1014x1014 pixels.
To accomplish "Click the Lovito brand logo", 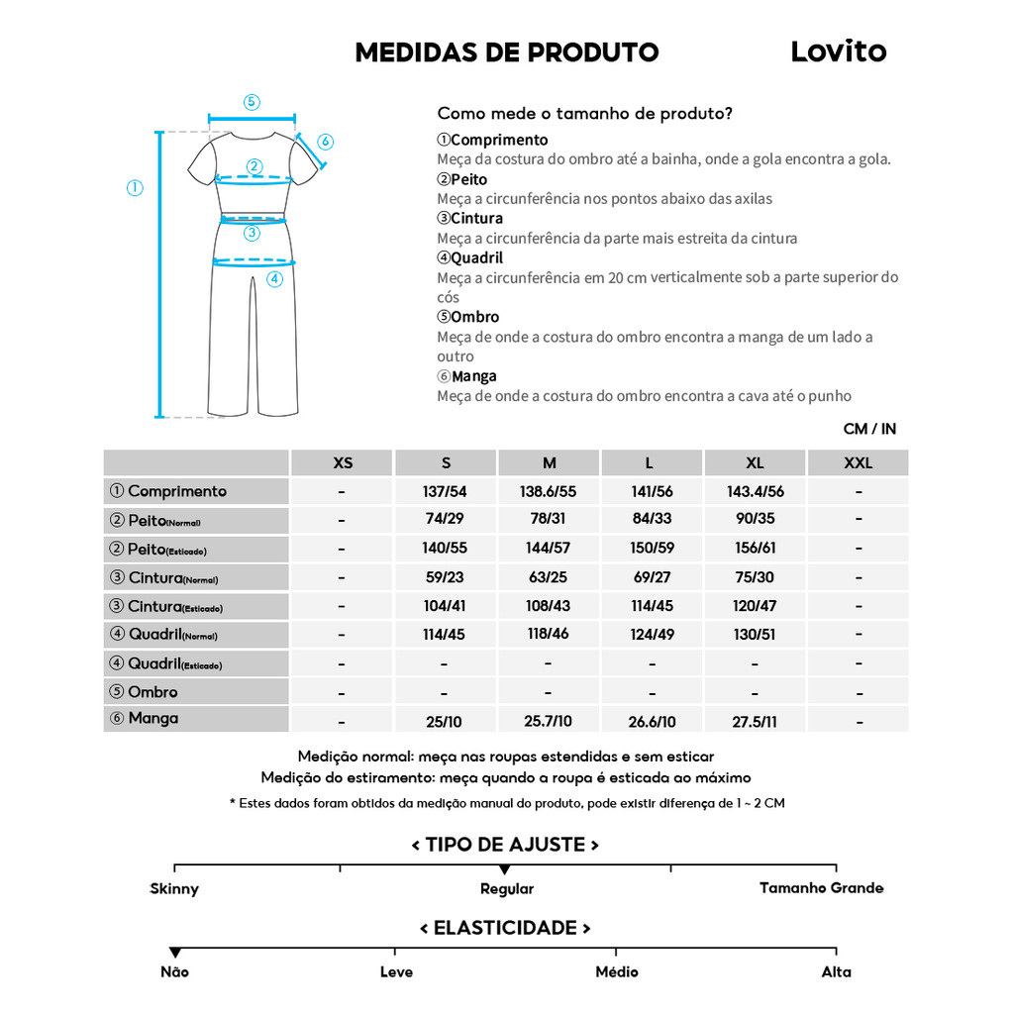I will (x=838, y=51).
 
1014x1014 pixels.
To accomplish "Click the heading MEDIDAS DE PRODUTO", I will (x=506, y=52).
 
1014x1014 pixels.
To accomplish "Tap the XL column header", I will (x=755, y=463).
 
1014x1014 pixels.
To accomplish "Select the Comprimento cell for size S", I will (x=445, y=491).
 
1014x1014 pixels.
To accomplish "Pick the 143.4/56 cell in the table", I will (x=755, y=491).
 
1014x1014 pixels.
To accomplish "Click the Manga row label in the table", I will (x=152, y=718).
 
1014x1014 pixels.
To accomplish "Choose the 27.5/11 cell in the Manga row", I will (x=755, y=722).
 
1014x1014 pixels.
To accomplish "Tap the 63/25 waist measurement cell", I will (x=548, y=577).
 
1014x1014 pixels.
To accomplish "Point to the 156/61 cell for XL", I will (x=755, y=549).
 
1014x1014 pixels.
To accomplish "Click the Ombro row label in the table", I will (x=152, y=692).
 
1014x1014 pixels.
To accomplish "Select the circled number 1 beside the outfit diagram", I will (x=135, y=188).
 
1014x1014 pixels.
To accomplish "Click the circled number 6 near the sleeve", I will (x=326, y=142).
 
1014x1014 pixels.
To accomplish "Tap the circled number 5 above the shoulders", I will (x=252, y=102).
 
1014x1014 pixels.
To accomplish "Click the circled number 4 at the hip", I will (x=275, y=279).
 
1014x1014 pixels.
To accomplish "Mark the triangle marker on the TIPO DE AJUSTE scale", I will (x=505, y=869).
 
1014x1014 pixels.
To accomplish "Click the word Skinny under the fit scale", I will (x=174, y=889).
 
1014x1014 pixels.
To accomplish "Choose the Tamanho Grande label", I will (x=821, y=888).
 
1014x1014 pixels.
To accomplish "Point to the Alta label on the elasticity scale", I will (x=836, y=972).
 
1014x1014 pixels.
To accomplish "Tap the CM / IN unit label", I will (x=869, y=429).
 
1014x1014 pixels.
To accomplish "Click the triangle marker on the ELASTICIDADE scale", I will (x=175, y=953).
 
